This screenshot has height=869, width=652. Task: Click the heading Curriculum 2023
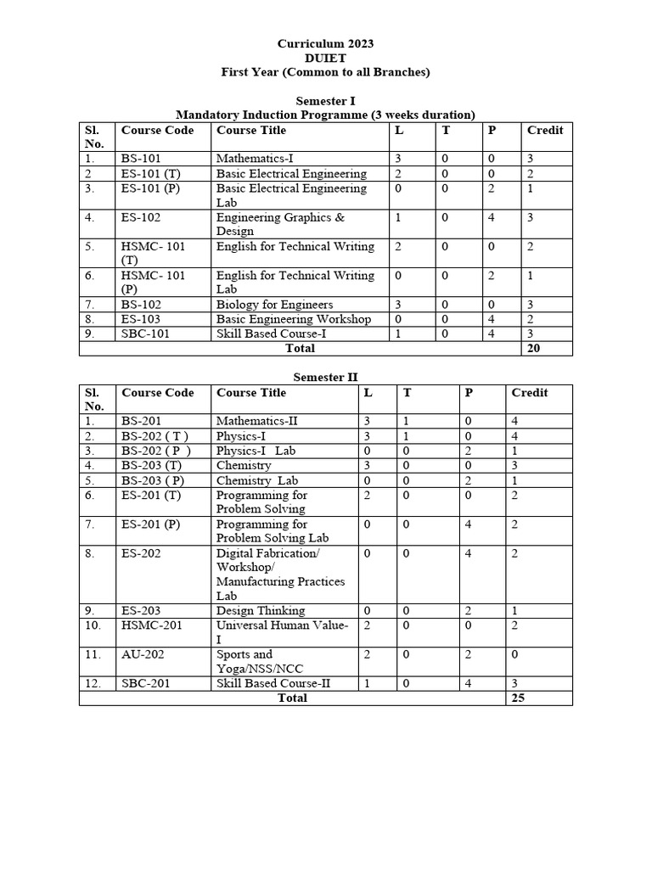pyautogui.click(x=325, y=43)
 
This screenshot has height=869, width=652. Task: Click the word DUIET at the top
pyautogui.click(x=325, y=58)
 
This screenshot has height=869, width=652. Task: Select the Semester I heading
pyautogui.click(x=325, y=101)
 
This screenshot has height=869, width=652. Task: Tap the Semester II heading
pyautogui.click(x=325, y=377)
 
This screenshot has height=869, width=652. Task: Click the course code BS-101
pyautogui.click(x=141, y=159)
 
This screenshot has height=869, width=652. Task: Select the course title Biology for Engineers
pyautogui.click(x=274, y=305)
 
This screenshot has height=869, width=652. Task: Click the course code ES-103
pyautogui.click(x=141, y=319)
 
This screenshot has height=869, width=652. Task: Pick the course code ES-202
pyautogui.click(x=141, y=552)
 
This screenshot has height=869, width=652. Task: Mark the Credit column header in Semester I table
pyautogui.click(x=545, y=131)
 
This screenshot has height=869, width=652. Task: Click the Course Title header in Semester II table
pyautogui.click(x=251, y=393)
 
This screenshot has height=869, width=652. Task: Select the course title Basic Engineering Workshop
pyautogui.click(x=293, y=319)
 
